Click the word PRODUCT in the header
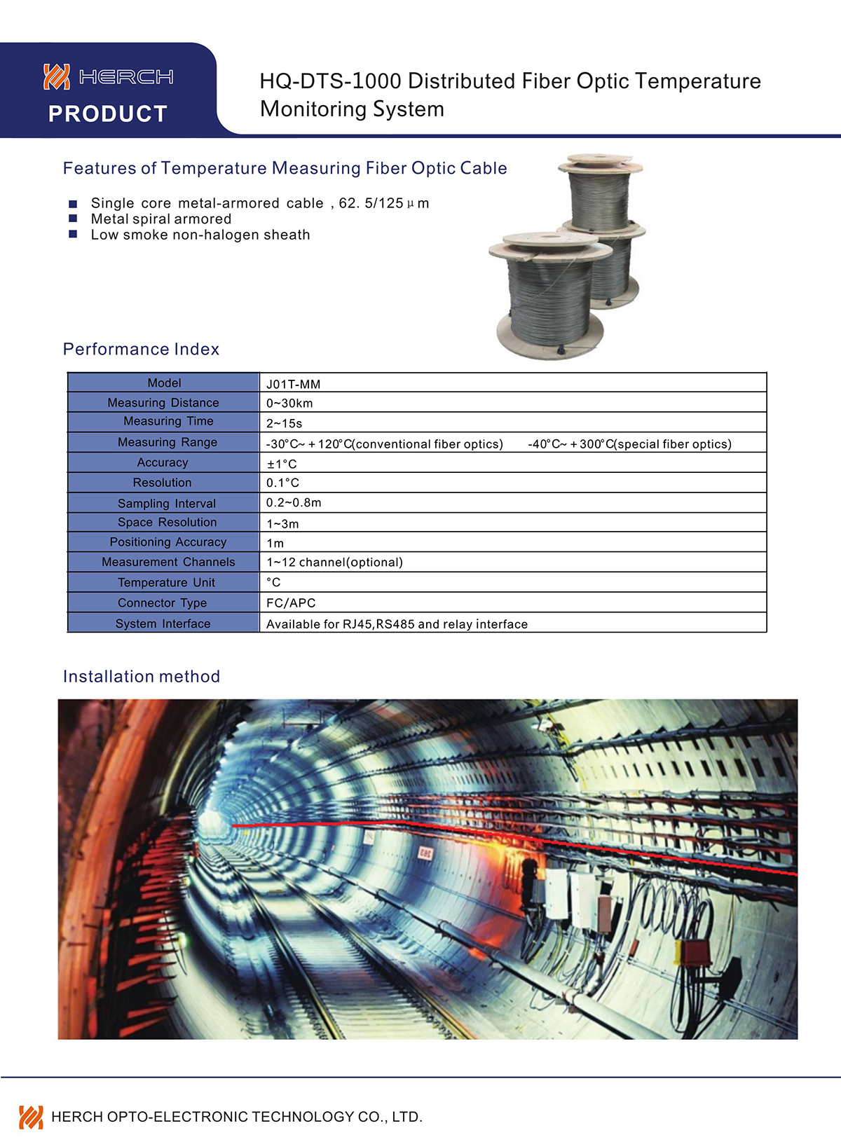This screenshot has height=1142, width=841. click(108, 113)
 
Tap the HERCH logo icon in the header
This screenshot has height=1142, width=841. click(57, 76)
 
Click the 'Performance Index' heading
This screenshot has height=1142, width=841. click(141, 349)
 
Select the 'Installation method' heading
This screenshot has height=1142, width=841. click(142, 676)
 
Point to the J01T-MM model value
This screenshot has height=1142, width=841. click(293, 384)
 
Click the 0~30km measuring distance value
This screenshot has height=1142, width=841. click(289, 404)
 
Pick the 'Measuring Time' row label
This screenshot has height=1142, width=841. click(168, 421)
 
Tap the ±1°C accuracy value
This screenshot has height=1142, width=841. click(282, 464)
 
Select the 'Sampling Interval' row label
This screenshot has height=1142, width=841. click(167, 503)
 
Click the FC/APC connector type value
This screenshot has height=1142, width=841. click(291, 603)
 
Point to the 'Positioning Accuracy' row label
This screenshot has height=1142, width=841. click(168, 542)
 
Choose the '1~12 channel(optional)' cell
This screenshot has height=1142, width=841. click(334, 563)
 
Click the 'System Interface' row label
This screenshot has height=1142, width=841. click(163, 624)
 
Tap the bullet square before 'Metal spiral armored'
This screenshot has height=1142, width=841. click(73, 219)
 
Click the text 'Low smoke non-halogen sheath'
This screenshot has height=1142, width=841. click(200, 235)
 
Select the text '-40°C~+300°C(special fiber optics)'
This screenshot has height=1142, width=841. click(629, 444)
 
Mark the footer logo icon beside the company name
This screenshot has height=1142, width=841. click(31, 1117)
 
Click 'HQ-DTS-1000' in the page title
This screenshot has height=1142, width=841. click(330, 81)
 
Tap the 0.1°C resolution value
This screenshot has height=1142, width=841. click(282, 483)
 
